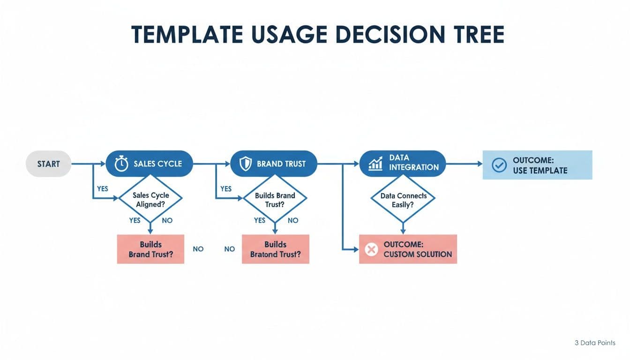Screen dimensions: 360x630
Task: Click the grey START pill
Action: (48, 164)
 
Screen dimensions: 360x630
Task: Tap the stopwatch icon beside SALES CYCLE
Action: (121, 164)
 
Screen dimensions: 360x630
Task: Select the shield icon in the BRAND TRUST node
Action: (246, 164)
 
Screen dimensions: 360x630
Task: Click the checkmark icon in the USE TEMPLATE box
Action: (499, 165)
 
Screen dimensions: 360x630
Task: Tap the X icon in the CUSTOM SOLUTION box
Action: (371, 249)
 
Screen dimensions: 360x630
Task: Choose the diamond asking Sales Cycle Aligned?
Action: (150, 199)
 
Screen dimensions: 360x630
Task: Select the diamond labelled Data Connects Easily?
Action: (403, 200)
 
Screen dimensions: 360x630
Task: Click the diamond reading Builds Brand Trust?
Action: (275, 199)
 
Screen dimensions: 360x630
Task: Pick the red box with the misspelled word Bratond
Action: (275, 249)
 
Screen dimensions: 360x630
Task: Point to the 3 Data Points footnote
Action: (595, 343)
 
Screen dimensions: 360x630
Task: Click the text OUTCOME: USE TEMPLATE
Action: (540, 165)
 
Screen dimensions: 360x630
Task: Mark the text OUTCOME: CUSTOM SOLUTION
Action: (417, 249)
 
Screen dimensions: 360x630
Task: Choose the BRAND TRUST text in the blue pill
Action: (281, 164)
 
